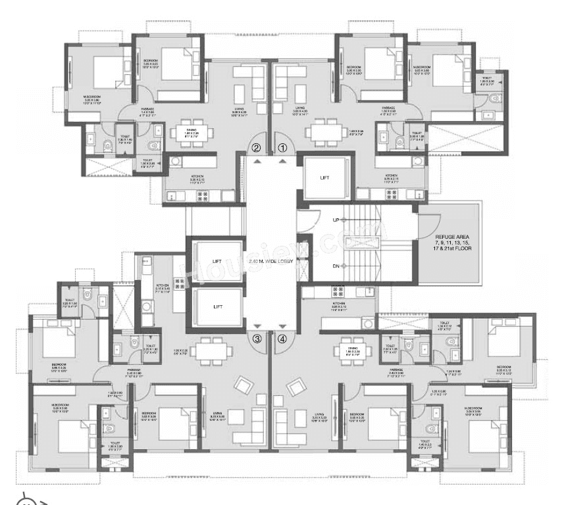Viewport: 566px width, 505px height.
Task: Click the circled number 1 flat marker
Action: tap(283, 148)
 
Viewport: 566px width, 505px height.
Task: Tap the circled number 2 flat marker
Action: tap(257, 148)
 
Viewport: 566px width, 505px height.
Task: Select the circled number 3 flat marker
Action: tap(257, 339)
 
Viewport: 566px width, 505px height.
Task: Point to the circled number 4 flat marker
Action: tap(283, 339)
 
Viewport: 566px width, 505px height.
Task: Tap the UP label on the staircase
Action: tap(336, 220)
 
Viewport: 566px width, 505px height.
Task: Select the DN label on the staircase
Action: tap(336, 266)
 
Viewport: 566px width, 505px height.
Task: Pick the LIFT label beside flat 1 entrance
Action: tap(324, 178)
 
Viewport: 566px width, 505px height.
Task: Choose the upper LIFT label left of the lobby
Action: tap(217, 261)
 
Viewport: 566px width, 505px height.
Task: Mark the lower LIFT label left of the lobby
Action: tap(217, 306)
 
